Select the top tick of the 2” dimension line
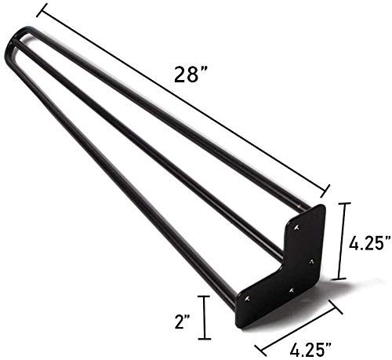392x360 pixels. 205,296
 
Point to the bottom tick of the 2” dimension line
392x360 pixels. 205,339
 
